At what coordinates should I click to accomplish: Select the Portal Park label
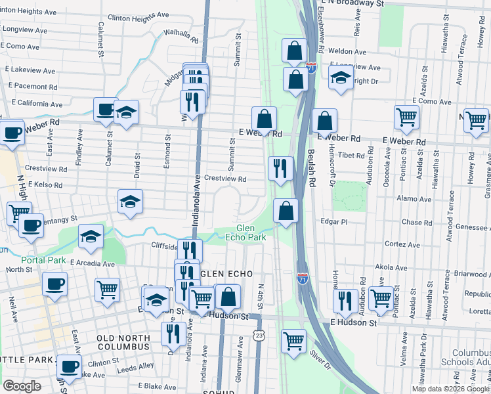click(43, 260)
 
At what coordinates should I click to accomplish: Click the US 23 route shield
click(260, 335)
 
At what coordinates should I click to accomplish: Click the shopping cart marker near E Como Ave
click(407, 118)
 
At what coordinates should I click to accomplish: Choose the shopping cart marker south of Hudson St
click(293, 341)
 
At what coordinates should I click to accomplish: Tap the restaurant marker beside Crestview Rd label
click(280, 169)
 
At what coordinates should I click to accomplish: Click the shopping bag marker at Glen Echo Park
click(286, 211)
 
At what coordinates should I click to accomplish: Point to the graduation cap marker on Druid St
click(131, 203)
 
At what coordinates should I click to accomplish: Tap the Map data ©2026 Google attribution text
click(450, 389)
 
